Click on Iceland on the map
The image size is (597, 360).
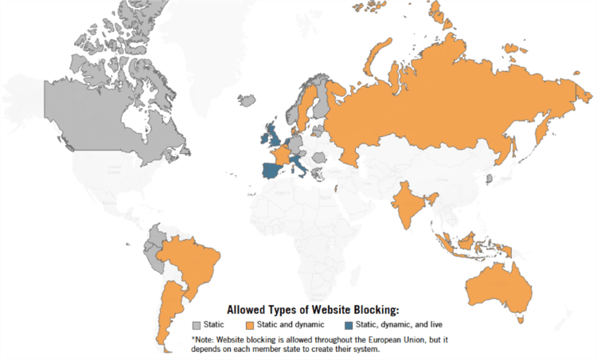pyautogui.click(x=247, y=100)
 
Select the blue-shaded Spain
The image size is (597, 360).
pyautogui.click(x=272, y=170)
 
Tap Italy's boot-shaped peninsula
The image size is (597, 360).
pyautogui.click(x=301, y=168)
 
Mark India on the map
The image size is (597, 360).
pyautogui.click(x=407, y=203)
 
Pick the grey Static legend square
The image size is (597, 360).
pyautogui.click(x=197, y=325)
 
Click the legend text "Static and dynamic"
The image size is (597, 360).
pyautogui.click(x=289, y=325)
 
